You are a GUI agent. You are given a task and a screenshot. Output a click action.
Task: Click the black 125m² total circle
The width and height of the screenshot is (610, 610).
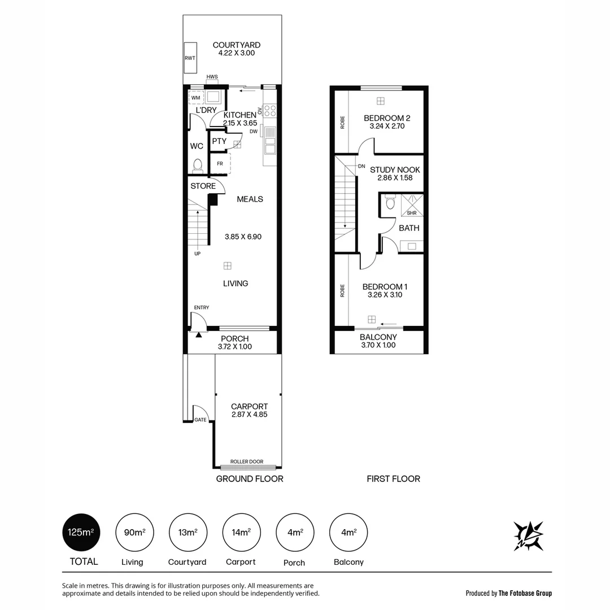coord(81,532)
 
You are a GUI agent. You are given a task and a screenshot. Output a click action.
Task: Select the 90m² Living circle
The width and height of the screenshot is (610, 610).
coord(134,532)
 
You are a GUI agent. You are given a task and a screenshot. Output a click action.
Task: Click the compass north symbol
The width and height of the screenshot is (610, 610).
coord(529,535)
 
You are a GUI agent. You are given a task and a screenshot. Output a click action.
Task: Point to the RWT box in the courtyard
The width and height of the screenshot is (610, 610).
coord(190,58)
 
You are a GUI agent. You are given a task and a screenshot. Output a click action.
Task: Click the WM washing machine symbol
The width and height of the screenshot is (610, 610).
coord(196,98)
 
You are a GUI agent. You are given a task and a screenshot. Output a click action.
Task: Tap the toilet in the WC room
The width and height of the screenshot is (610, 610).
coord(197,165)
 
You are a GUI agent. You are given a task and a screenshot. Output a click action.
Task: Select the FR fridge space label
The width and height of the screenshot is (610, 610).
coord(220,164)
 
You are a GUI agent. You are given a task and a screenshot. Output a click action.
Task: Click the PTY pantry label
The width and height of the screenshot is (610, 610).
coord(219,141)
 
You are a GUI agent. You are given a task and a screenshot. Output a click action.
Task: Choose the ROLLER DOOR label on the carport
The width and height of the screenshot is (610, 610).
coord(247,461)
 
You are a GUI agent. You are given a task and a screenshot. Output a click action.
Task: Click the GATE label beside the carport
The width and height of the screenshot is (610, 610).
coord(200,420)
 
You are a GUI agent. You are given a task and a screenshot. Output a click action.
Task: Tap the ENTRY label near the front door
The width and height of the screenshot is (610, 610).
coord(202,307)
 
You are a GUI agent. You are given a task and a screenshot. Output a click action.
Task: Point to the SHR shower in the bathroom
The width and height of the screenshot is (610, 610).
coord(412,212)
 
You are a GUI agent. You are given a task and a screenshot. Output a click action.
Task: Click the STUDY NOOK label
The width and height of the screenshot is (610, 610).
coord(395,169)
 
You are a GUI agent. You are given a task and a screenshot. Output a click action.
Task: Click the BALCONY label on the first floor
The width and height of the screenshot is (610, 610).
coord(378,337)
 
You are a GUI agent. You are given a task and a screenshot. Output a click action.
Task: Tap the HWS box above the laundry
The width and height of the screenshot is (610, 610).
coord(212,77)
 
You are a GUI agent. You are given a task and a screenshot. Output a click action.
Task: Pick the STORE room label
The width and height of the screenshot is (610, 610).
coord(203,186)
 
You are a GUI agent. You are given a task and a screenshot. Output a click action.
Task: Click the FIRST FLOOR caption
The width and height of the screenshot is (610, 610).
coord(393,478)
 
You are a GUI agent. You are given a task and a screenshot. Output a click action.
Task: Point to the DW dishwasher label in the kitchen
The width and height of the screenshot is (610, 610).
coord(254,131)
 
